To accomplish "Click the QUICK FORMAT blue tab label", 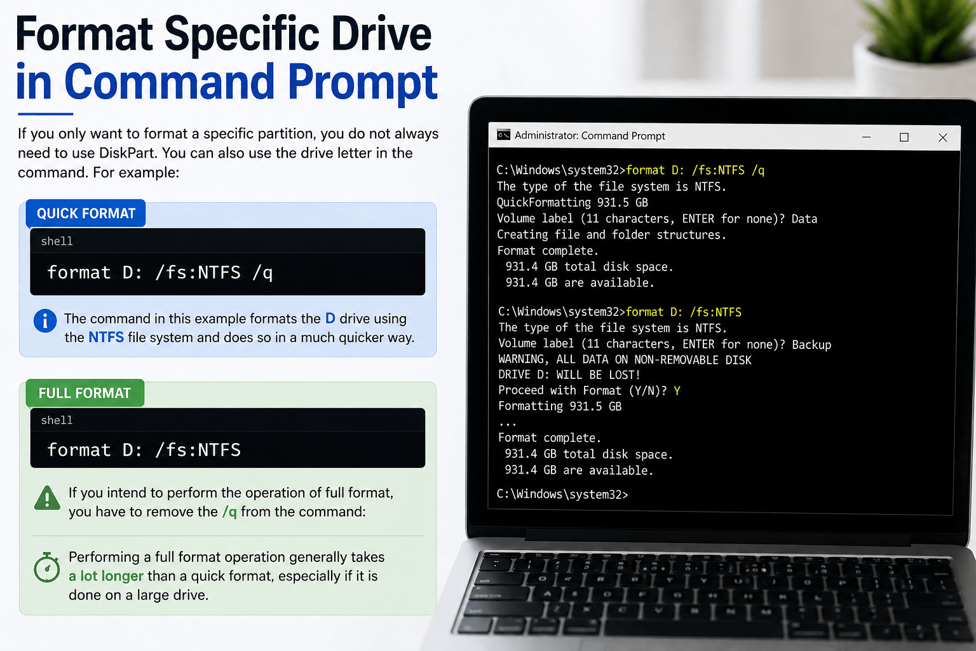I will tap(86, 214).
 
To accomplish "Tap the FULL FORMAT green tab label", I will tap(85, 394).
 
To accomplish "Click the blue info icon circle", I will tap(45, 320).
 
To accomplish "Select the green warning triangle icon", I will tap(47, 498).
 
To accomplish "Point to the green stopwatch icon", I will tap(47, 568).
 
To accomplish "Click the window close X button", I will tap(943, 137).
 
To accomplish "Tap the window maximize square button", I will tap(904, 137).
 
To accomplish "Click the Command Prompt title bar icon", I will tap(504, 135).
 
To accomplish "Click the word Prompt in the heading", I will tap(363, 83).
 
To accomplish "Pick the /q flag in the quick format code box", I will tap(262, 273).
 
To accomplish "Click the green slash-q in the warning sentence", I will tap(229, 512).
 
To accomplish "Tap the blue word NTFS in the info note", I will tap(106, 338).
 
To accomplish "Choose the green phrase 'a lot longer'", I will tap(106, 576).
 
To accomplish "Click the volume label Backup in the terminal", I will tap(811, 345).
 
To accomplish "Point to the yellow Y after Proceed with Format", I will tap(677, 391).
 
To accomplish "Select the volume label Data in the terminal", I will tap(804, 219).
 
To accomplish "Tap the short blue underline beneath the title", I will tap(45, 114).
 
